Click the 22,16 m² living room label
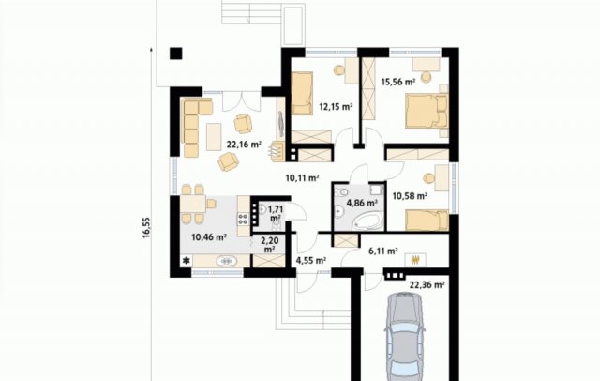[244, 145]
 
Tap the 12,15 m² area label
[336, 107]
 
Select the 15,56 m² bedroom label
[397, 82]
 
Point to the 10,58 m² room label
[410, 196]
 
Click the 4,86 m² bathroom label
[362, 203]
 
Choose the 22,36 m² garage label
[427, 285]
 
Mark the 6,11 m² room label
[383, 251]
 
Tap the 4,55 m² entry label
[311, 261]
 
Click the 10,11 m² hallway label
[302, 177]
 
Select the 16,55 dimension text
[147, 228]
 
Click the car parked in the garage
[405, 337]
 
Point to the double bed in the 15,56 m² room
[427, 111]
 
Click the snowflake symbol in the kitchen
[187, 261]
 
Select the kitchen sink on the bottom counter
[227, 261]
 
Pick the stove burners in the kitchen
[244, 220]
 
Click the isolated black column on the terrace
[176, 53]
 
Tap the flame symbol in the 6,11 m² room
[415, 260]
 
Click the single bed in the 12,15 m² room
[302, 94]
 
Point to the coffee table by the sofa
[214, 137]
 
